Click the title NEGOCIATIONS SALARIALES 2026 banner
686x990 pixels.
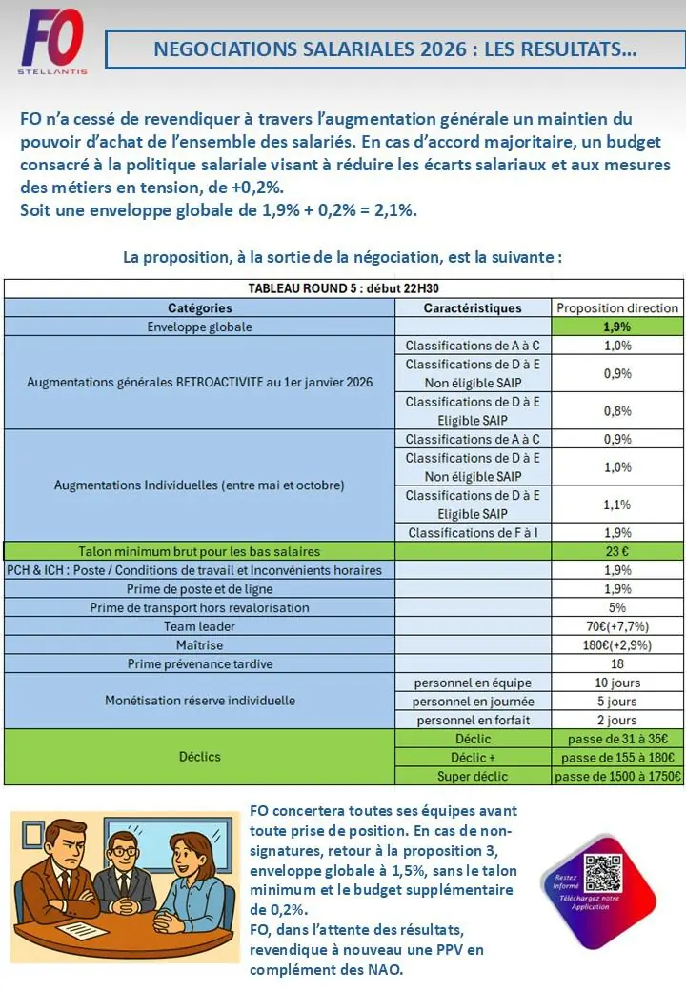(x=394, y=49)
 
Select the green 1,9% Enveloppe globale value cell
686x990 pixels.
(x=616, y=327)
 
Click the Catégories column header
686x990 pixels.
(x=199, y=308)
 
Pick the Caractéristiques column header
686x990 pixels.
(x=473, y=308)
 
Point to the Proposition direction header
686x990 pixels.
(x=616, y=308)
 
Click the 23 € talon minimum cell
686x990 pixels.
(x=616, y=551)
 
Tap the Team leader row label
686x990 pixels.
(x=199, y=626)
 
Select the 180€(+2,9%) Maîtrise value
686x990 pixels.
(x=616, y=644)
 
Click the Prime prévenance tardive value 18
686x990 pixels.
(x=616, y=663)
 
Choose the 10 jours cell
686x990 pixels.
(x=616, y=683)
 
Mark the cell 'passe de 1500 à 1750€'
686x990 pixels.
(x=616, y=776)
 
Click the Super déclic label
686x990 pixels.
(x=473, y=776)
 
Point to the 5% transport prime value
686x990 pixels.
(x=616, y=607)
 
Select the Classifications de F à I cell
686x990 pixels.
(x=473, y=532)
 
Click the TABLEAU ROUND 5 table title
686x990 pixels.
(x=343, y=289)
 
